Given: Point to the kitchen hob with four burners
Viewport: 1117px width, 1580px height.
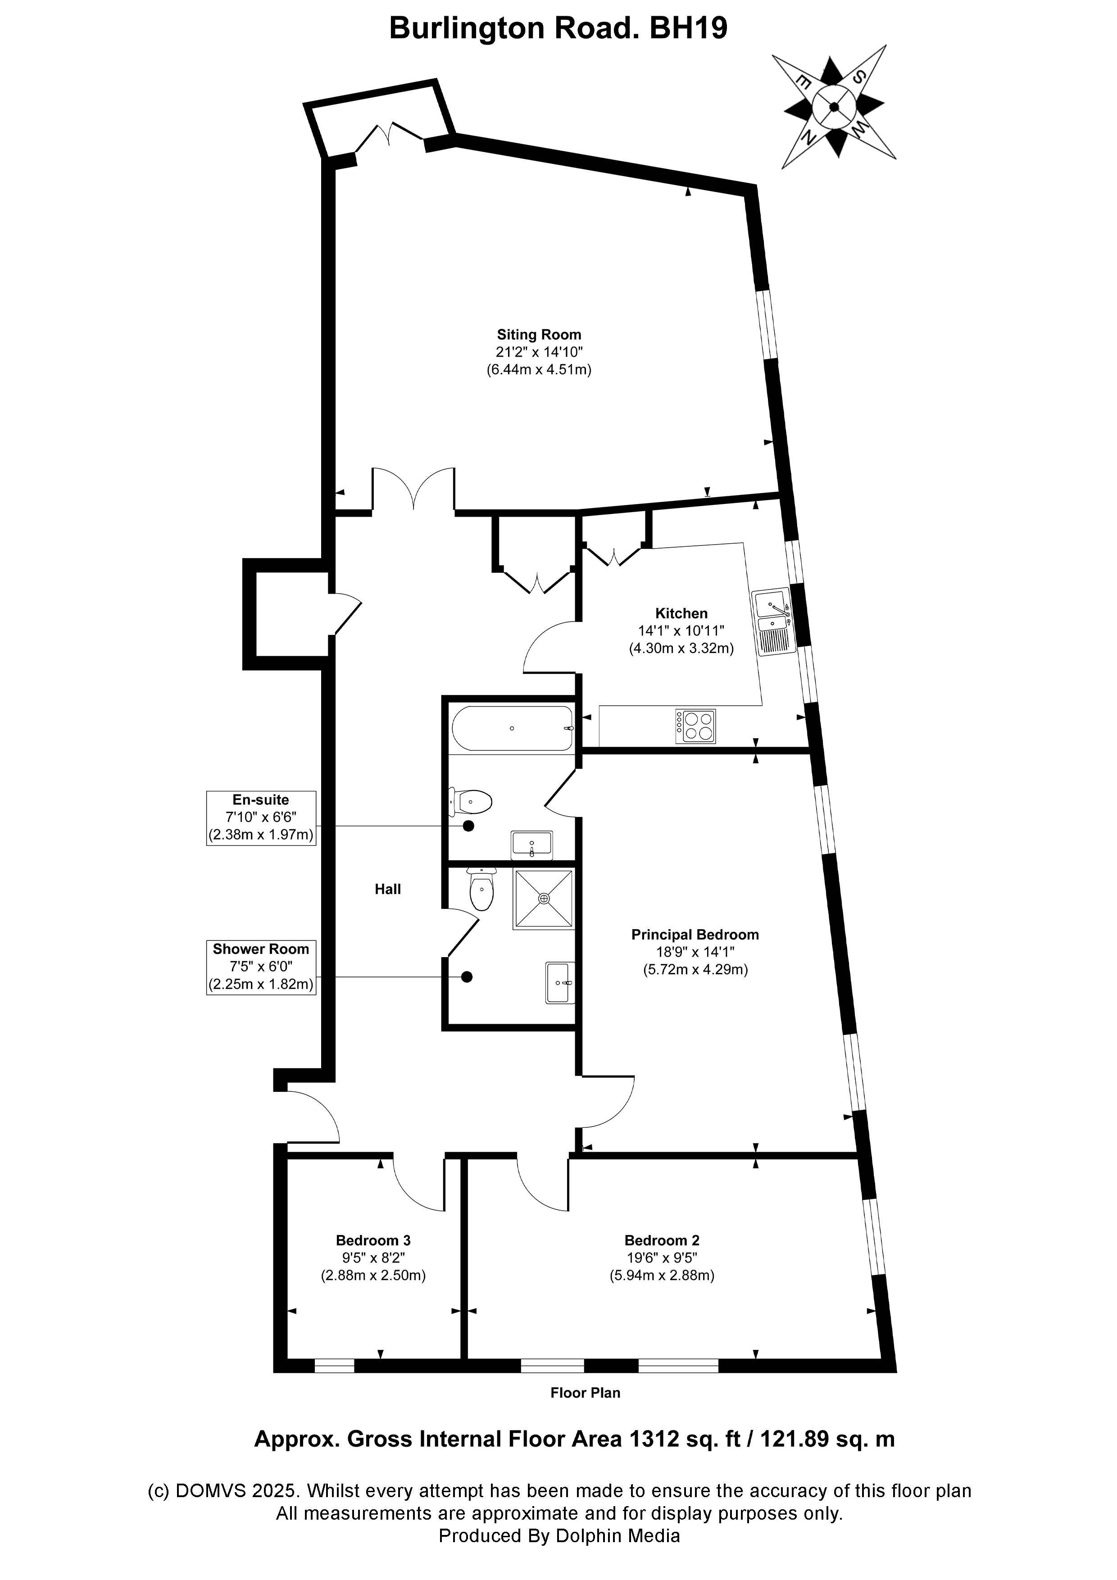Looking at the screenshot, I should (x=696, y=726).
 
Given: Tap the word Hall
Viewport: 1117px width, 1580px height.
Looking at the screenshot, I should (x=387, y=889).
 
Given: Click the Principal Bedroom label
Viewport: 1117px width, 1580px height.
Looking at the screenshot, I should (x=695, y=935).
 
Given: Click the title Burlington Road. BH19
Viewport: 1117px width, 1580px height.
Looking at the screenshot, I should (x=558, y=29).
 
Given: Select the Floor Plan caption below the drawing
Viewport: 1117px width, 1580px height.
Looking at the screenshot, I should (x=585, y=1393).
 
